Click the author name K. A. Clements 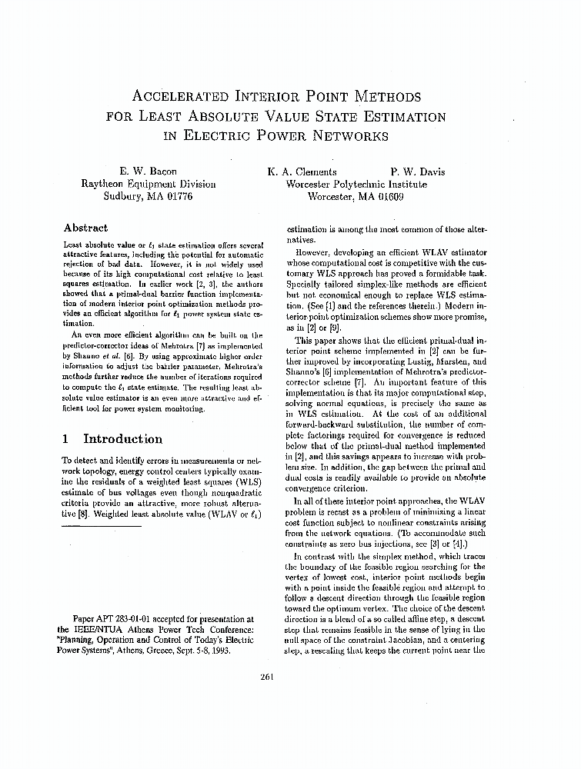pos(302,171)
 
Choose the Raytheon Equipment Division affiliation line pos(149,184)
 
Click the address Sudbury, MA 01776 pos(149,196)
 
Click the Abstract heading pos(85,228)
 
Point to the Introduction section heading pos(122,439)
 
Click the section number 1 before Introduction pos(66,439)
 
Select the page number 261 pos(268,677)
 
